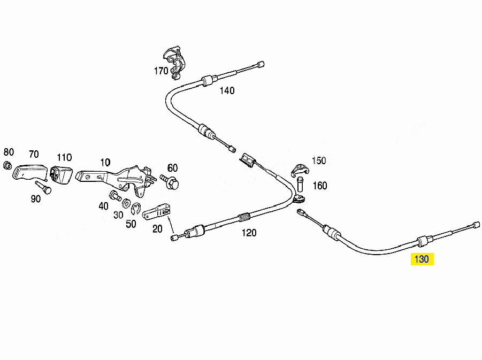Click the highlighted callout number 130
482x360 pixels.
point(422,259)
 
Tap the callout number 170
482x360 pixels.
point(161,71)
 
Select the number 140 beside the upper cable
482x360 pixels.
point(227,90)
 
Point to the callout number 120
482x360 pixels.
point(249,233)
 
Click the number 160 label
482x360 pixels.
point(320,186)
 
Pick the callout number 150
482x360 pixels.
point(319,160)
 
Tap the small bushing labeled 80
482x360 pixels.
point(7,165)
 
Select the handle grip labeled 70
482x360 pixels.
point(30,172)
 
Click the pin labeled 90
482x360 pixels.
point(43,187)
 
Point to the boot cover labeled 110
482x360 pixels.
point(61,175)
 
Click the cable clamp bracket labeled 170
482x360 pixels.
point(174,63)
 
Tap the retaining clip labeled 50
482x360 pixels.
point(136,209)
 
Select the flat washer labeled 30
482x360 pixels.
point(126,203)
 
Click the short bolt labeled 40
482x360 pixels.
point(115,196)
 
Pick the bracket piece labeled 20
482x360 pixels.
point(156,212)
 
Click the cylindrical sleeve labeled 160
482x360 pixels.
point(300,184)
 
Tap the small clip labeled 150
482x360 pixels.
point(299,171)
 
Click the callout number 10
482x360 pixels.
point(105,162)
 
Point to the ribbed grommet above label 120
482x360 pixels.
point(244,217)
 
